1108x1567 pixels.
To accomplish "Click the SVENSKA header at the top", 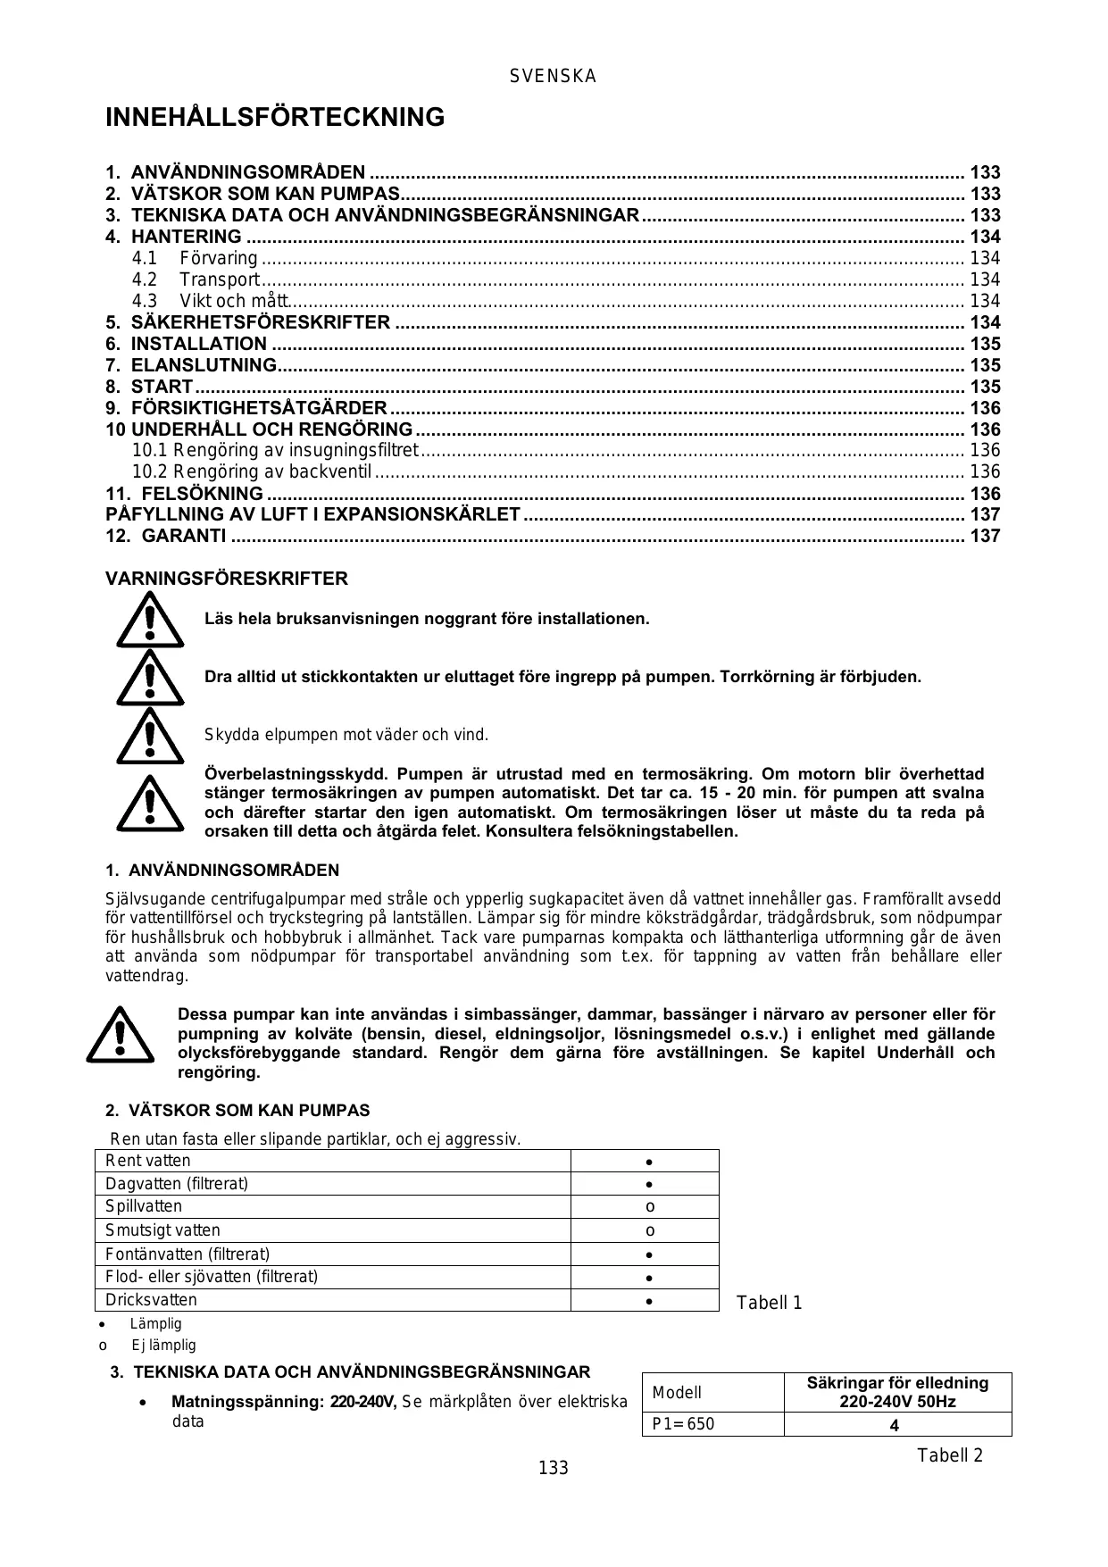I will coord(553,77).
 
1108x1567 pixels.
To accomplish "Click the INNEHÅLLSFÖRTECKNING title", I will coord(275,117).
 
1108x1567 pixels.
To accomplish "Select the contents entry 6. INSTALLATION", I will coord(198,344).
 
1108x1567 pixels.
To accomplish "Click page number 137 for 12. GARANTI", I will coord(985,536).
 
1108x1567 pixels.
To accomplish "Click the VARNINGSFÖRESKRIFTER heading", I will coord(227,579).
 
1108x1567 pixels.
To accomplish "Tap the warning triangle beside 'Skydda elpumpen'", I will coord(150,736).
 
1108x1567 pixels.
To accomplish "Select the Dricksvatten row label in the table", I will coord(151,1300).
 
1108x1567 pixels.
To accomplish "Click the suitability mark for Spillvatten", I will coord(650,1207).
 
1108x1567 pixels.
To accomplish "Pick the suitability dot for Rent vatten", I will coord(650,1162).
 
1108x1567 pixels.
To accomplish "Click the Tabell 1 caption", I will coord(769,1303).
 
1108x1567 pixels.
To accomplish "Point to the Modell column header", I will coord(677,1393).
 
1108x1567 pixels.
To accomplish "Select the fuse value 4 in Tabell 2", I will coord(895,1426).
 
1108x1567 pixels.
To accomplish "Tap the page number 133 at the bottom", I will coord(553,1468).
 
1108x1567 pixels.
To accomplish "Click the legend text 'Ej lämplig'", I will coord(163,1345).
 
